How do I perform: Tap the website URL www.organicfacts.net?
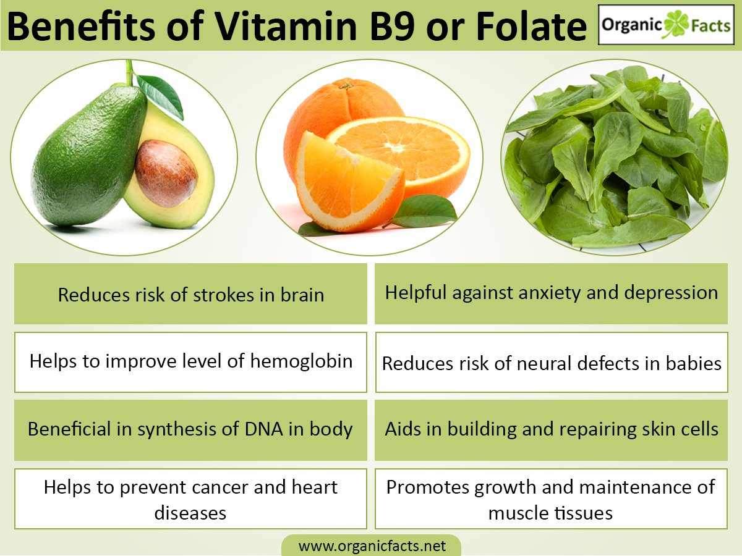[x=372, y=546]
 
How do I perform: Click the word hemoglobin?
[x=301, y=361]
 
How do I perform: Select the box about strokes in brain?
[x=190, y=294]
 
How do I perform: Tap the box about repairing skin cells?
[x=552, y=429]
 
